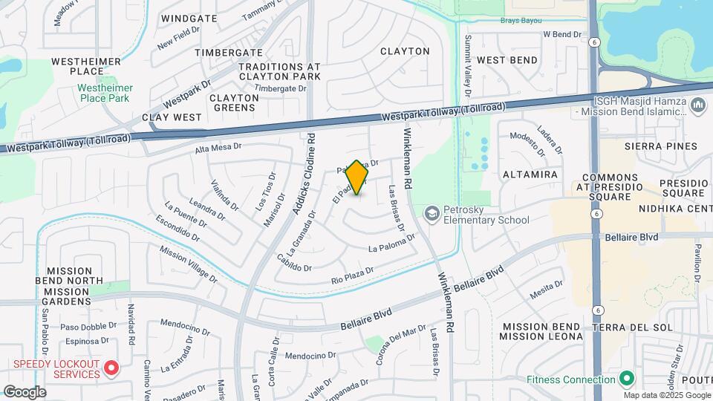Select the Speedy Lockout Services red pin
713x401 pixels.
coord(111,368)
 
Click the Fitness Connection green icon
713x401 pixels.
coord(626,379)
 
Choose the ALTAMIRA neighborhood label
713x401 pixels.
coord(530,175)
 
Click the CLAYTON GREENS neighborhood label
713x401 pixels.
coord(232,102)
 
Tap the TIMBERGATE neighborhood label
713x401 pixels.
coord(228,53)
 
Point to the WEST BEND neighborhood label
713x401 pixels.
coord(507,59)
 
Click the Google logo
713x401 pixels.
coord(25,391)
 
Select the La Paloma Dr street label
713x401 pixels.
coord(391,242)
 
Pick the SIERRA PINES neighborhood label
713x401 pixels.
coord(663,146)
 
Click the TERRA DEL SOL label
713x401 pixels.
coord(632,327)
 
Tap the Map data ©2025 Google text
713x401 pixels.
coord(665,395)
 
